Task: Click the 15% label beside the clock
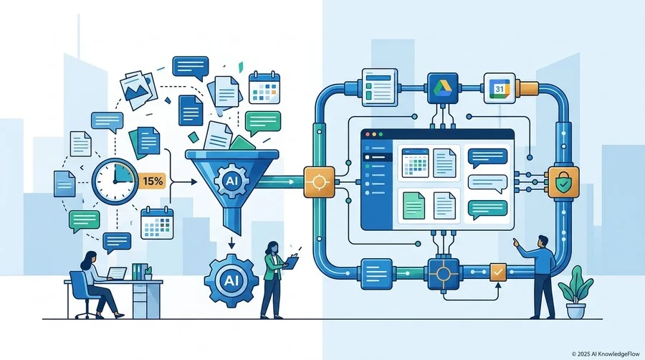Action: (x=152, y=181)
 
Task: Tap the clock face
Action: (x=115, y=181)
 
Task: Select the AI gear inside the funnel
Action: (x=231, y=181)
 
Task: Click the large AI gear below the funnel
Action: (x=231, y=280)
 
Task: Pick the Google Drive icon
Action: (x=443, y=88)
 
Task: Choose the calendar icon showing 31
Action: (x=500, y=88)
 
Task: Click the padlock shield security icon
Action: (x=563, y=182)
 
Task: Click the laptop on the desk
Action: (x=116, y=274)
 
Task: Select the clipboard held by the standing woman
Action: (x=292, y=262)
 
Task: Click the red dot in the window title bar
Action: (x=368, y=135)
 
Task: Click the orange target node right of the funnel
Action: (x=319, y=182)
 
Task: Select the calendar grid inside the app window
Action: (x=415, y=164)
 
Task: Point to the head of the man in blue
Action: (x=543, y=241)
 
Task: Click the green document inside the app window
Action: (x=414, y=206)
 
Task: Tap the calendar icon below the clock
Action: (x=157, y=223)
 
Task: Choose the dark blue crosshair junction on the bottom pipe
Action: (x=443, y=273)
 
